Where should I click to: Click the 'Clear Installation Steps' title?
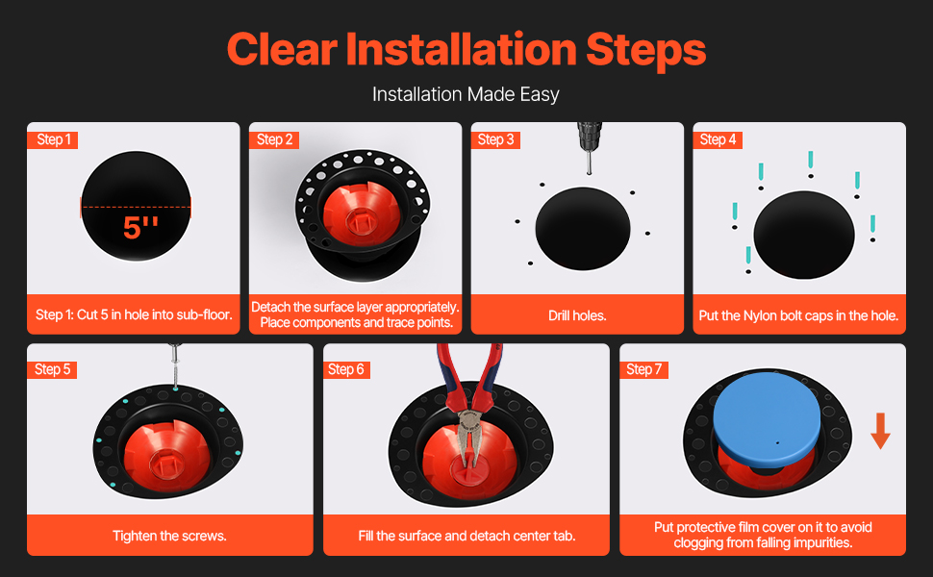coord(466,49)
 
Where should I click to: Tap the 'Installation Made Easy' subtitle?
coord(466,94)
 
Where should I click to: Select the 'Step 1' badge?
coord(53,139)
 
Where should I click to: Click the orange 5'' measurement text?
coord(140,227)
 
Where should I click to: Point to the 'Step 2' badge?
coord(274,139)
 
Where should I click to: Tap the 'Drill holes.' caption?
coord(577,315)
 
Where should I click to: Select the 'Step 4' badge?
coord(718,139)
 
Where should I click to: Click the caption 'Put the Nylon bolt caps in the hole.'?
coord(798,315)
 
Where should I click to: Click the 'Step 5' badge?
coord(52,369)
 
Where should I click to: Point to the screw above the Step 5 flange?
coord(175,366)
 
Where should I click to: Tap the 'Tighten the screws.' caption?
coord(169,536)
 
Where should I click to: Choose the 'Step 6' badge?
coord(345,369)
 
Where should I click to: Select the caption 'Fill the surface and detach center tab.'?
coord(466,536)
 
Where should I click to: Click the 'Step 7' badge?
coord(643,369)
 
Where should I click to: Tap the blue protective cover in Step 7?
coord(767,417)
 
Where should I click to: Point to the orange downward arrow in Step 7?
coord(881,431)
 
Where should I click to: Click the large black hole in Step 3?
coord(583,229)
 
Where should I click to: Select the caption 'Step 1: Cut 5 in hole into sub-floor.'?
coord(134,314)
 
